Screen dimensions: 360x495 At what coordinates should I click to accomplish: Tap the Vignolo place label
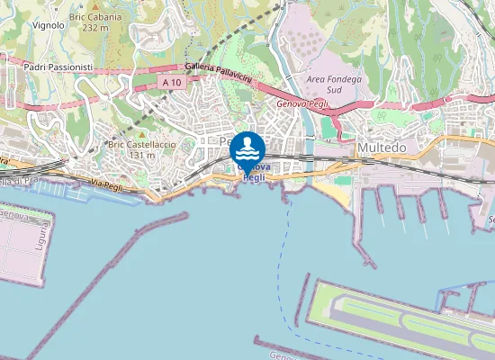click(x=48, y=25)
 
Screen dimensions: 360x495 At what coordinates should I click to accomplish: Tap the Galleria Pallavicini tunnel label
click(x=219, y=74)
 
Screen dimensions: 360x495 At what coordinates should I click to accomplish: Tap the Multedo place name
click(x=382, y=147)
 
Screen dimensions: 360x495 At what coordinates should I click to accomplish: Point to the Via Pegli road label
click(x=105, y=184)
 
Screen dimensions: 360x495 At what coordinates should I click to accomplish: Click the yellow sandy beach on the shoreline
click(x=333, y=192)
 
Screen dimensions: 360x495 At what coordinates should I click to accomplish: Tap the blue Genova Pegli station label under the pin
click(x=255, y=173)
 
